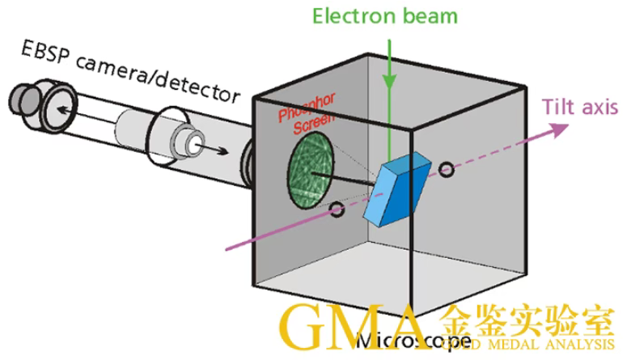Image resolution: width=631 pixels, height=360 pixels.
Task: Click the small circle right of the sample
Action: (x=445, y=168)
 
